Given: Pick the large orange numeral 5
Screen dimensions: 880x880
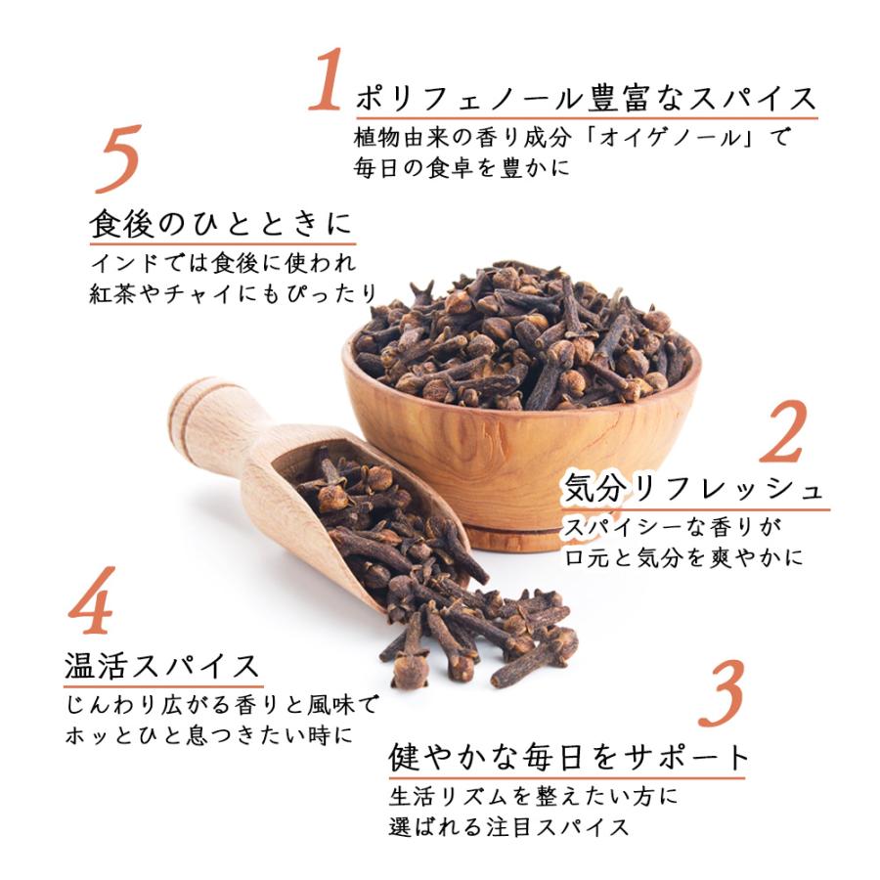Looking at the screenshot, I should [118, 159].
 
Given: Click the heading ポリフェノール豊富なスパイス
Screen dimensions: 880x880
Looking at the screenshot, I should [585, 100].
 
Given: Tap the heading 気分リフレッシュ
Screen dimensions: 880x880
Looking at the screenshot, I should [695, 489].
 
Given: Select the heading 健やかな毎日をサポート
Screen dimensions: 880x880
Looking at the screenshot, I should [570, 757].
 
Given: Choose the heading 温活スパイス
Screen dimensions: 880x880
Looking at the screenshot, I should [162, 666].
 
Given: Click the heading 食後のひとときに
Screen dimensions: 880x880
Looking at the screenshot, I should [221, 225].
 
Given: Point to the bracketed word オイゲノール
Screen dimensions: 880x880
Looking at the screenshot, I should [646, 137].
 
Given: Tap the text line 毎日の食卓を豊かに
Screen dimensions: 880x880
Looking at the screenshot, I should [461, 166].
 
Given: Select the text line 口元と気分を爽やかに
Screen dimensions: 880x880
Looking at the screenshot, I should [684, 557].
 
